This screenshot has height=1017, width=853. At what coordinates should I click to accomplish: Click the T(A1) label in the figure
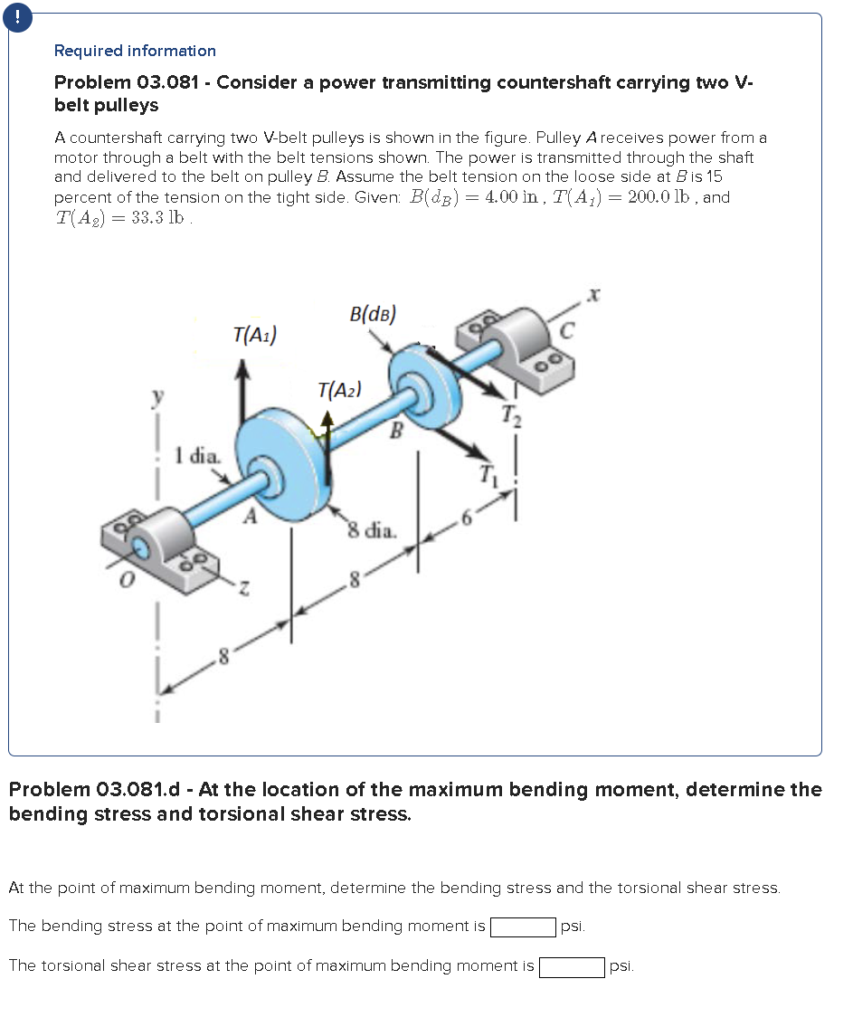(254, 334)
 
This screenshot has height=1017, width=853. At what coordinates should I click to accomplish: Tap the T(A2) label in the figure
(340, 390)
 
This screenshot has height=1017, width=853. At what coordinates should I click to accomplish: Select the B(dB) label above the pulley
(372, 314)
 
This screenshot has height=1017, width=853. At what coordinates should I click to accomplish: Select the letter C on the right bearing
(566, 331)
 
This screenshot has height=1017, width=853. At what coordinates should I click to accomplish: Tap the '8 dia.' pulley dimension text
(372, 530)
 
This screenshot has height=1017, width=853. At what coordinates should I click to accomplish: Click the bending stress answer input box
(523, 927)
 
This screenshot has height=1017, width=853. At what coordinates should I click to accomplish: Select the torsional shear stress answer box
(572, 966)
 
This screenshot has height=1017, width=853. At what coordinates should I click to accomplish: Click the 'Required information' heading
(135, 51)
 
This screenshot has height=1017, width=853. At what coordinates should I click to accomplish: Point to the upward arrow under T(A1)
(242, 389)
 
